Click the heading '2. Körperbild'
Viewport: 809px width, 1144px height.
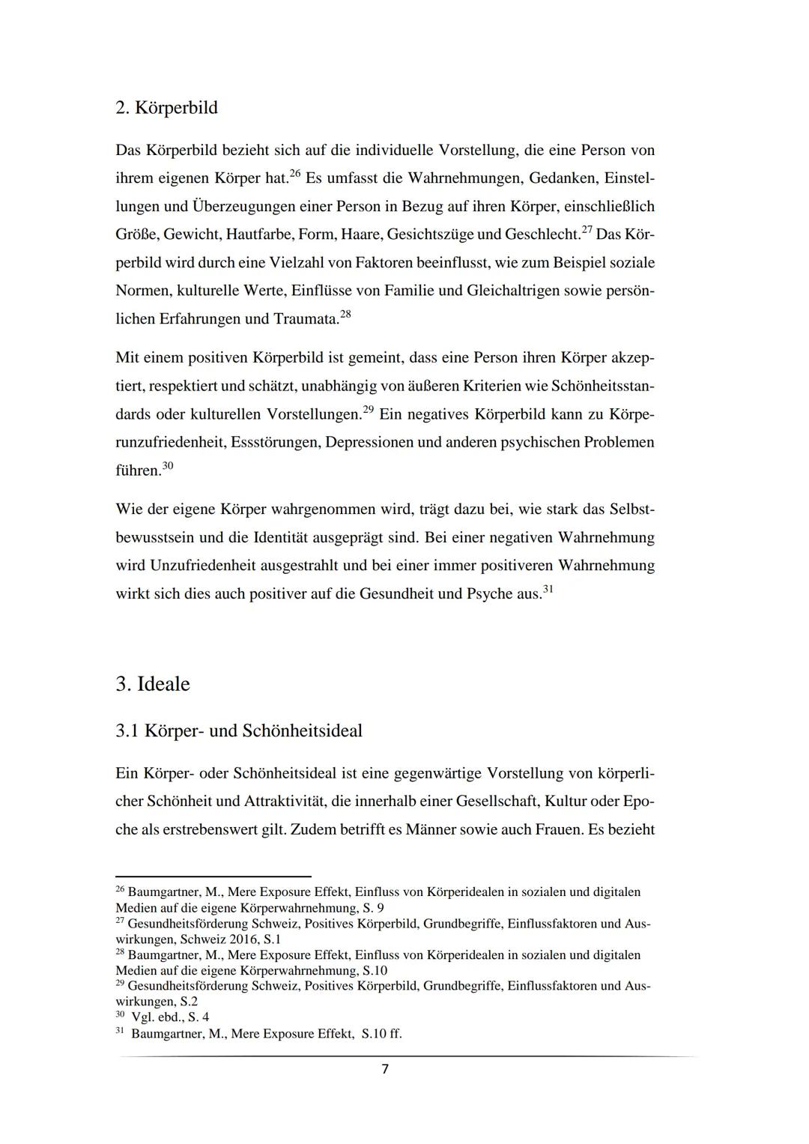pos(166,108)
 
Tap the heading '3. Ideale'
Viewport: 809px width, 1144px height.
pos(153,684)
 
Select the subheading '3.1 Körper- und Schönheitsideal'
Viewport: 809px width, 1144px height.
pos(239,730)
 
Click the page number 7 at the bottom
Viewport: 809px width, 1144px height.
pos(385,1069)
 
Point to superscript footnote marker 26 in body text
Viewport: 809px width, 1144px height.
pos(294,174)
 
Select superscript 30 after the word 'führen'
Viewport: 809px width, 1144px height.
pos(168,466)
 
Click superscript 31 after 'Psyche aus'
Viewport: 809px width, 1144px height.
pos(548,590)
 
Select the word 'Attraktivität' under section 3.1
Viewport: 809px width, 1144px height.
pos(285,801)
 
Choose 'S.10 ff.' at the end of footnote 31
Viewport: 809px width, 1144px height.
pos(381,1033)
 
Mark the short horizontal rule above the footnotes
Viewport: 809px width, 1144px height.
pos(213,876)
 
